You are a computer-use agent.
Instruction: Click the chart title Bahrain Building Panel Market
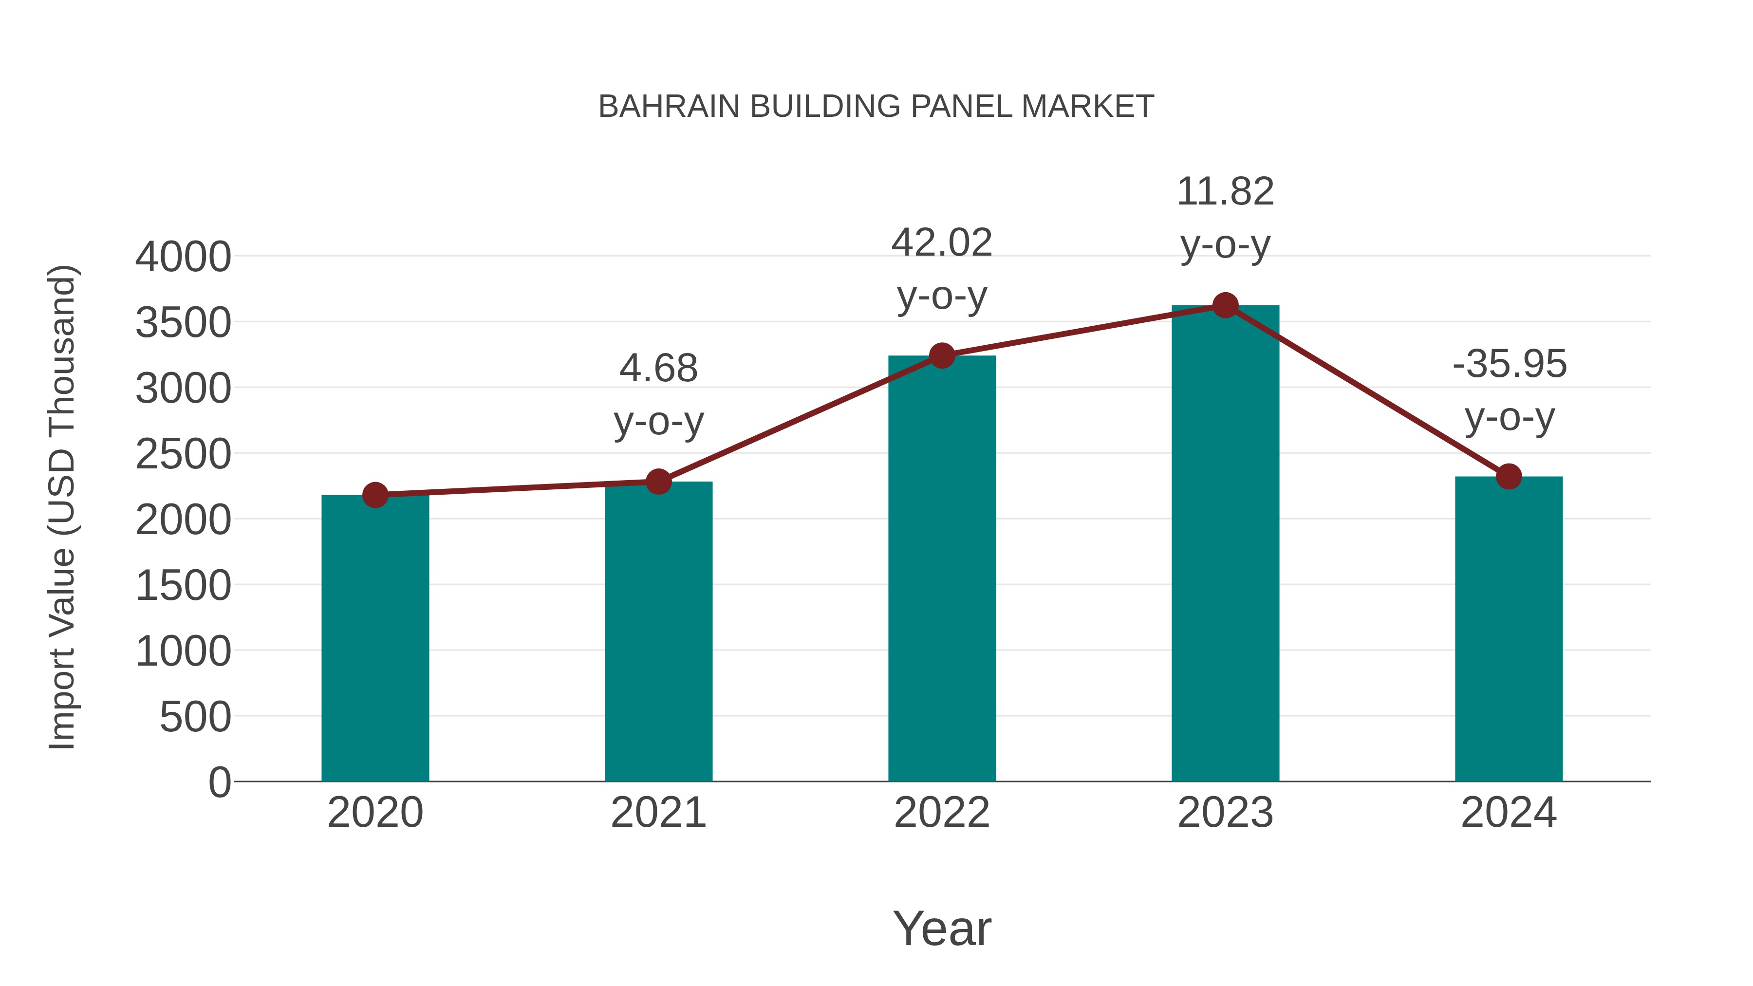876,107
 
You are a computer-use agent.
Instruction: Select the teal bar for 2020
375,640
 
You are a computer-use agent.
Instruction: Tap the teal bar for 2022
942,572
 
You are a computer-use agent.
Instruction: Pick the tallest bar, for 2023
1225,544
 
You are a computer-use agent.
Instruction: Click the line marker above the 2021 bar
658,482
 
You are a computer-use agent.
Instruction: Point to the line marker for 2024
1509,476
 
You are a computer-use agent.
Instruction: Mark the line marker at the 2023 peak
1225,305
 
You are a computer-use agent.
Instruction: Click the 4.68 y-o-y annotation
658,395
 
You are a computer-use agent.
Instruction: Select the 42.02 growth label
942,269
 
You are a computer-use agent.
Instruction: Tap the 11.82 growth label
1225,218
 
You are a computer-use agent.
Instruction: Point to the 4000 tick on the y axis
183,257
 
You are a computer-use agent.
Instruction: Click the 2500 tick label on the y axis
183,455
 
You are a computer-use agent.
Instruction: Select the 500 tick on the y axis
195,717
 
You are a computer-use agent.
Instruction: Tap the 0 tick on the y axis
220,782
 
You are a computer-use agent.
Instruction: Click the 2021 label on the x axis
658,813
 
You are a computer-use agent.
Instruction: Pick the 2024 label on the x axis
1509,813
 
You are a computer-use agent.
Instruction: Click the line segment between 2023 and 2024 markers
1366,391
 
